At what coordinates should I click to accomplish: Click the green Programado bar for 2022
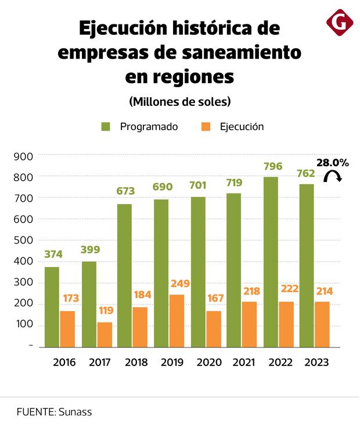point(271,261)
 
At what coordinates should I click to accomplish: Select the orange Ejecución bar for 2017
point(105,335)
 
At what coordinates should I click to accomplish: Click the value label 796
point(272,167)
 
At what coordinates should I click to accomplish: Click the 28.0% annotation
point(333,163)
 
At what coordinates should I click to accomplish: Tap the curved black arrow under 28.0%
point(333,177)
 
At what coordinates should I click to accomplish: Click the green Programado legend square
point(106,127)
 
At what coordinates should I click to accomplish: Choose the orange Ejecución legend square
point(204,127)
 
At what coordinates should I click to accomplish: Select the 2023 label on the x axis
point(316,363)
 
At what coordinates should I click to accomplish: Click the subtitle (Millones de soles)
point(180,101)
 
